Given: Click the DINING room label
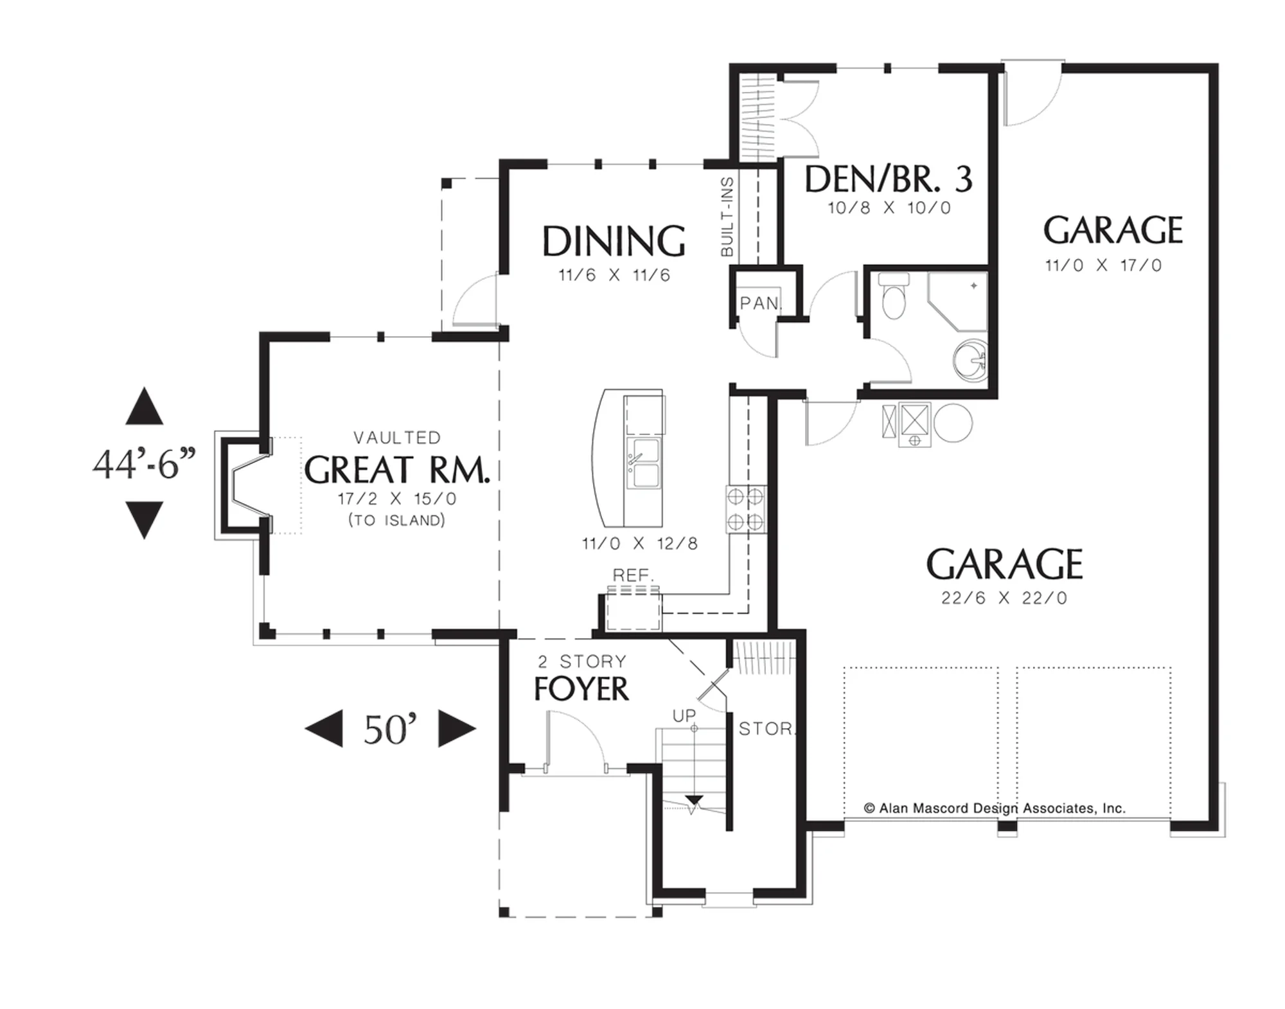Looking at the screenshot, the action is tap(614, 241).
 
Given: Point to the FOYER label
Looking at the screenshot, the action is tap(581, 689).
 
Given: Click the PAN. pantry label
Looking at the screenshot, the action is tap(761, 303).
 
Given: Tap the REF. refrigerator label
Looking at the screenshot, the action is tap(634, 575).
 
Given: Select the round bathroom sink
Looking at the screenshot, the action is tap(968, 362).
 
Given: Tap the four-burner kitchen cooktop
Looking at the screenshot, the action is tap(746, 509).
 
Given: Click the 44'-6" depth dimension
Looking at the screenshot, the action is tap(144, 463).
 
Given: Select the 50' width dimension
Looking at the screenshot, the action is tap(390, 729).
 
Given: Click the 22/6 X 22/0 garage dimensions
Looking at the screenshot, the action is tap(1004, 598).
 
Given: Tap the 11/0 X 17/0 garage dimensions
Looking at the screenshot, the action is tap(1103, 265).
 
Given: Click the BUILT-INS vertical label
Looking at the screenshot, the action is tap(727, 217).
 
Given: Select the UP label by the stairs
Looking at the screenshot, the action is tap(684, 715).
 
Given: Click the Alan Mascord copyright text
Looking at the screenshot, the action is tap(995, 808).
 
